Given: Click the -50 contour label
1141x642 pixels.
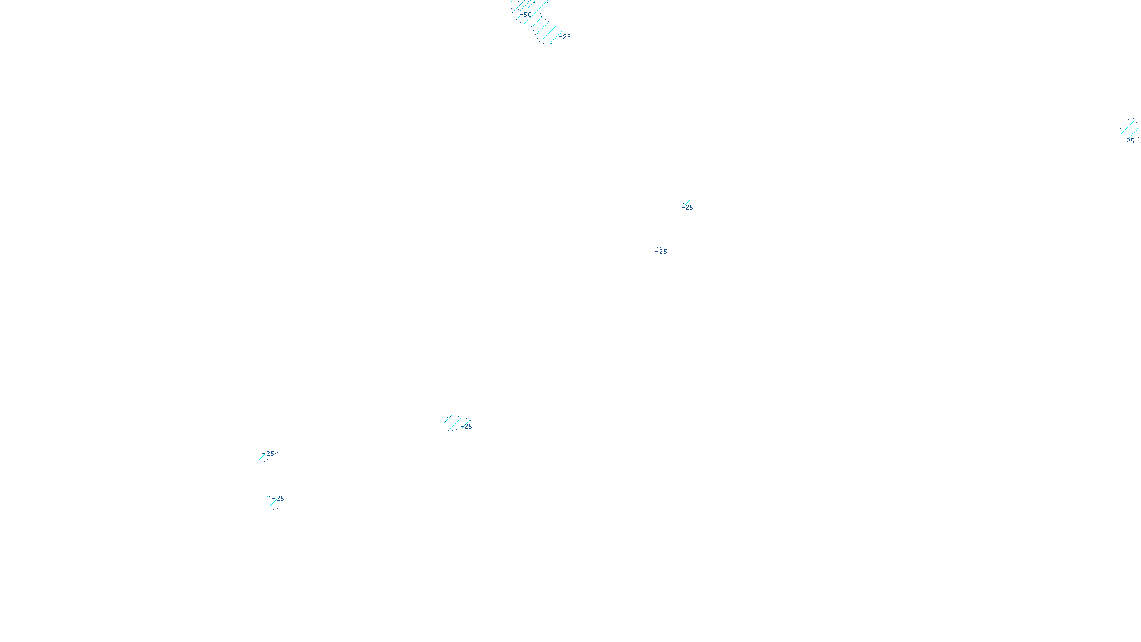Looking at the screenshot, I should coord(527,15).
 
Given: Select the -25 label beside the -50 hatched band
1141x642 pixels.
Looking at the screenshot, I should coord(566,37).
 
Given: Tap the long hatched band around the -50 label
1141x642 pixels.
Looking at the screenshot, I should coord(538,21).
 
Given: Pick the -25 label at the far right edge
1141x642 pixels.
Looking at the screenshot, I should coord(1128,141).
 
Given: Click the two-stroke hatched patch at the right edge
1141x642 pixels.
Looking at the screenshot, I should coord(1130,128).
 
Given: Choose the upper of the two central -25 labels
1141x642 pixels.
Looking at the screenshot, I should coord(687,208).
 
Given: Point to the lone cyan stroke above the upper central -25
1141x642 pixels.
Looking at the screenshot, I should coord(688,202).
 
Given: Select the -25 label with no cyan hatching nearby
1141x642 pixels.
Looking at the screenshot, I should coord(661,252).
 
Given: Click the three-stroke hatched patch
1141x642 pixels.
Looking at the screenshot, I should coord(454,422).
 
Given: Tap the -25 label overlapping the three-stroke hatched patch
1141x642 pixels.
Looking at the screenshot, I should coord(467,427).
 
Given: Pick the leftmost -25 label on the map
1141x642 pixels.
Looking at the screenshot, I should coord(269,454).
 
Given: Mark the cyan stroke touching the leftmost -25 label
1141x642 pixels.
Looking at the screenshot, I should coord(262,457).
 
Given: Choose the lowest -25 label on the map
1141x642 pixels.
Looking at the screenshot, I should coord(278,499).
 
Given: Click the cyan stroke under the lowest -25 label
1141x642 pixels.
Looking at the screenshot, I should coord(273,503).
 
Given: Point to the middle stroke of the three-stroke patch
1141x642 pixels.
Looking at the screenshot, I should coord(454,422).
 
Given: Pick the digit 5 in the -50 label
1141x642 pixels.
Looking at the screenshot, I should coord(526,15).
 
